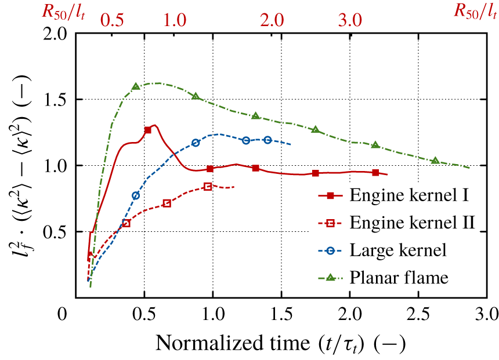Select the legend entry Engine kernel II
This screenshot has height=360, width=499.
tap(413, 223)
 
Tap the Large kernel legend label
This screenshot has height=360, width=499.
tap(397, 250)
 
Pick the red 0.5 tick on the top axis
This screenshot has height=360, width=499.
tap(113, 19)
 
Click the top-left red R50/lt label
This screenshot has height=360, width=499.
tap(63, 12)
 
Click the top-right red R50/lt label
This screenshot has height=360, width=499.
tap(476, 12)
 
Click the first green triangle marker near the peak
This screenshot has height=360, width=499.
tap(136, 86)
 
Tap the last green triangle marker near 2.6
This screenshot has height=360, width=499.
tap(435, 161)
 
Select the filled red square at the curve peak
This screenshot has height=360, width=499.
tap(147, 130)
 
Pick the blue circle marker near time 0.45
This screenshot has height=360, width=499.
tap(136, 195)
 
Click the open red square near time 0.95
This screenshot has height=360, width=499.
tap(208, 186)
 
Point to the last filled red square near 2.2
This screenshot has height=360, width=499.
tap(376, 172)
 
